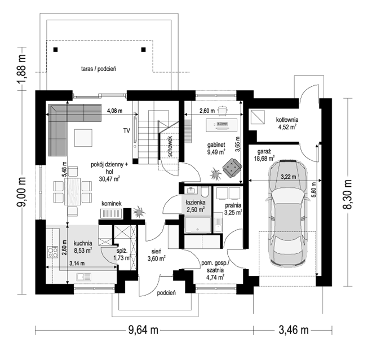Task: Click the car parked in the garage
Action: [288, 213]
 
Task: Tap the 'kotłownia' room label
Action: [287, 120]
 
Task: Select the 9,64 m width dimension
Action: [143, 330]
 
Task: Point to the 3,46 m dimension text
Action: [294, 330]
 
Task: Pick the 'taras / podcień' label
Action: [99, 69]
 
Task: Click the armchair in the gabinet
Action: [232, 168]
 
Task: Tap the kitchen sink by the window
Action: [84, 277]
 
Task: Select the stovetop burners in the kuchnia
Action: [52, 252]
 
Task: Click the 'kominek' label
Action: [112, 204]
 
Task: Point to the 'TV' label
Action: [127, 130]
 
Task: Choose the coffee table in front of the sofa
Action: [83, 138]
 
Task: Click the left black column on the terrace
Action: [55, 50]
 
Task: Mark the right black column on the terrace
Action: [143, 50]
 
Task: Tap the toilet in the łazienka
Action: [205, 192]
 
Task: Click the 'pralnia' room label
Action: [233, 205]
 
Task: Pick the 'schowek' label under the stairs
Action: [170, 147]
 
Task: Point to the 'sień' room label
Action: [156, 252]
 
